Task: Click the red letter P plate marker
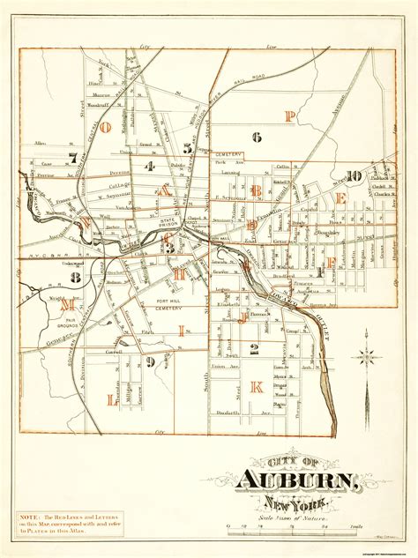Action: (x=288, y=115)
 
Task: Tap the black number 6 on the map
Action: (x=257, y=136)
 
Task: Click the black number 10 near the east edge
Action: (x=353, y=175)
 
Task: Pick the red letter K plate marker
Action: (x=257, y=386)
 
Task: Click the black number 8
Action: (x=77, y=279)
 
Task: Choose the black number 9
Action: (x=151, y=361)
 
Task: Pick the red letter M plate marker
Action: (x=66, y=302)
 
